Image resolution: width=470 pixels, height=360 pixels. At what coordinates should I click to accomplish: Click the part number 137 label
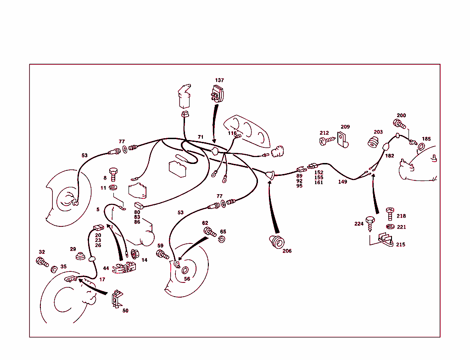tap(219, 80)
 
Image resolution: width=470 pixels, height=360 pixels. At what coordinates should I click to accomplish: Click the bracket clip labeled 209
tap(341, 140)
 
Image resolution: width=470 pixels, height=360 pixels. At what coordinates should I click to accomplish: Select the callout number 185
tap(426, 139)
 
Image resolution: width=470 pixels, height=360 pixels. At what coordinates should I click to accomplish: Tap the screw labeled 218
tap(389, 214)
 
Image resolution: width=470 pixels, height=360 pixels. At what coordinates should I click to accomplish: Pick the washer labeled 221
tap(390, 227)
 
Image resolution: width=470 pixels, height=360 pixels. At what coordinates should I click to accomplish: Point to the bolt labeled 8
tap(114, 175)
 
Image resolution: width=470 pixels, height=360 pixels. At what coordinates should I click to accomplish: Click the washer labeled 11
tap(114, 187)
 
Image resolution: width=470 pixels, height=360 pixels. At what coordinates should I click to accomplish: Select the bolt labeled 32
tap(42, 262)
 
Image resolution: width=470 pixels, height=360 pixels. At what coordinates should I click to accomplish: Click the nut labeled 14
tap(135, 253)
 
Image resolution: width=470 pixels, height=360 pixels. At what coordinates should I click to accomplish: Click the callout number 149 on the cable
tap(342, 181)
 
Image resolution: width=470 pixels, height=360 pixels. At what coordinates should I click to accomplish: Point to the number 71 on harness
tap(200, 137)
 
